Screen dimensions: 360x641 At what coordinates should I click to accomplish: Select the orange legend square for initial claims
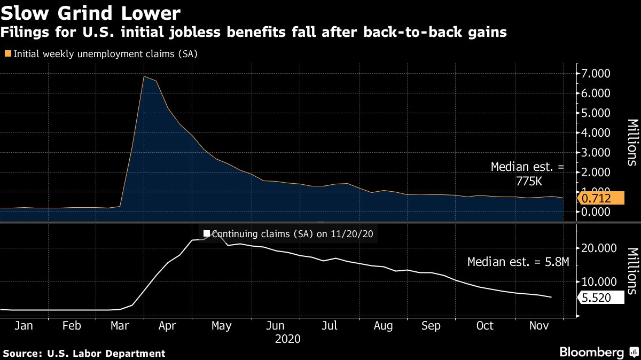tap(7, 53)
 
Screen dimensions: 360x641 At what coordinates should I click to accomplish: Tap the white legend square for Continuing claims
tap(206, 233)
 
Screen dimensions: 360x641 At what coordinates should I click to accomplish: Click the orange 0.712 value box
tap(601, 199)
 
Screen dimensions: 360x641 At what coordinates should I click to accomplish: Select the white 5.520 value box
tap(601, 298)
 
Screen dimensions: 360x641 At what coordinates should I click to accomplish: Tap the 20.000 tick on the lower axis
tap(599, 248)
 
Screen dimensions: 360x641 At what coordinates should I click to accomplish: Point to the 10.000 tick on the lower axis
tap(599, 281)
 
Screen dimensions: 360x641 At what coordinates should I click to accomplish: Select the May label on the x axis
tap(221, 325)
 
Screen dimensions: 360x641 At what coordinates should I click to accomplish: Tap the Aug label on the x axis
tap(383, 325)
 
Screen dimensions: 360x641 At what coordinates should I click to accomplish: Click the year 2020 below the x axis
tap(287, 339)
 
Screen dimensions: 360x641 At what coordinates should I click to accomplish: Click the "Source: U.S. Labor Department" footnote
tap(84, 353)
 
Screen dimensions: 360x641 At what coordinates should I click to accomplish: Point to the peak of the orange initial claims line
tap(144, 76)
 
